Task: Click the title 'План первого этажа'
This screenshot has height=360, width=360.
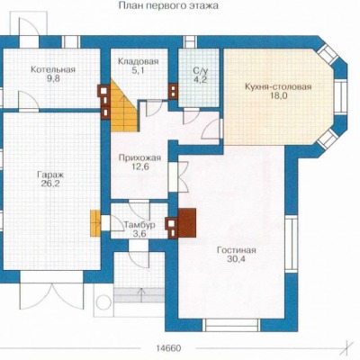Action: coord(168,5)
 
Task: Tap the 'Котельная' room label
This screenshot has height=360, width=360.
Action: coord(53,69)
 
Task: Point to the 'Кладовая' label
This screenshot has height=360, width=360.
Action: coord(138,61)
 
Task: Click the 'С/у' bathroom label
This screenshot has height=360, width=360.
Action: coord(200,71)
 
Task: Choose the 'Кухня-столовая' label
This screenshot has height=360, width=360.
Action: coord(278,87)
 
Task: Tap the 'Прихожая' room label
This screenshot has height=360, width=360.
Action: coord(139,157)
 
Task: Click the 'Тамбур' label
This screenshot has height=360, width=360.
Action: coord(139,225)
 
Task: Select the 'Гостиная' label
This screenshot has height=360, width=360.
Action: coord(237,250)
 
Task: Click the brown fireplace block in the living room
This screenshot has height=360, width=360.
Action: coord(187,223)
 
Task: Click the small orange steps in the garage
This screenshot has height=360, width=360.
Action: coord(95,223)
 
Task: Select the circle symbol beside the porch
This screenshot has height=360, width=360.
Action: coord(103,302)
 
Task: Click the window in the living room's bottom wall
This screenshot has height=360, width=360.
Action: coord(231,325)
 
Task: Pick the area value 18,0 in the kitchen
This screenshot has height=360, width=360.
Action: coord(278,96)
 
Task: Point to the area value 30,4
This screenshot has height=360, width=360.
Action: coord(237,259)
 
